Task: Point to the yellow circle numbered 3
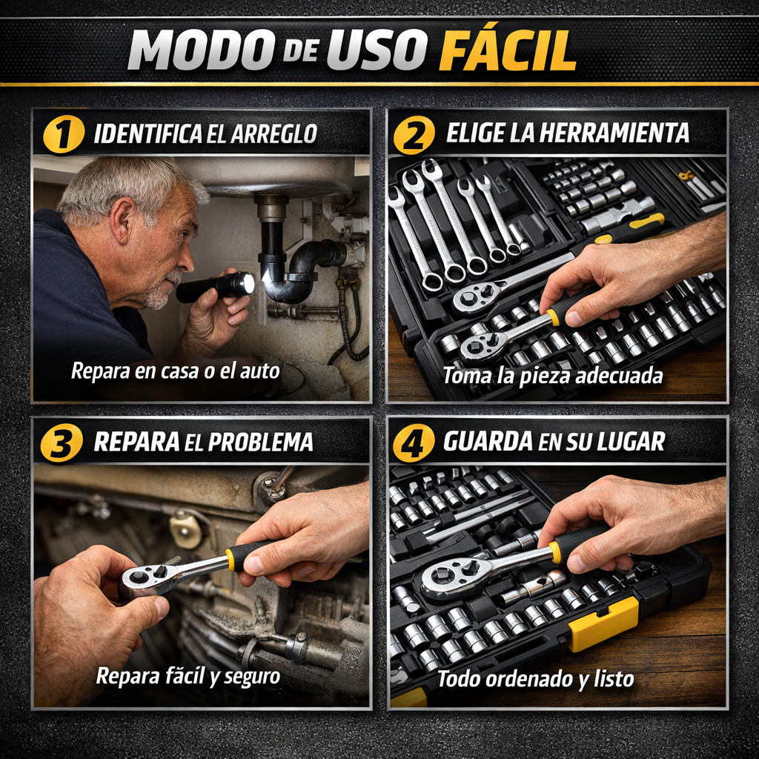point(62,442)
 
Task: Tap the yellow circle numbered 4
point(414,442)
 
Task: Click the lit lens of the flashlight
point(248,284)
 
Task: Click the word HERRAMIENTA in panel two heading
point(614,133)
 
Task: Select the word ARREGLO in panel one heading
point(274,134)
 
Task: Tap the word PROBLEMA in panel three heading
point(259,442)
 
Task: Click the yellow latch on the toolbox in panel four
point(603,623)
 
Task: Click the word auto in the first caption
point(260,371)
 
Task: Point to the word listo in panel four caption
point(614,679)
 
